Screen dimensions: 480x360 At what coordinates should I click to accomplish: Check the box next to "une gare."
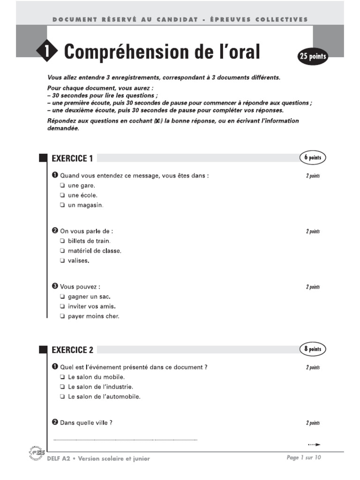pos(62,186)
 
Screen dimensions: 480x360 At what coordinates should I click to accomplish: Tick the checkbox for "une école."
pos(62,195)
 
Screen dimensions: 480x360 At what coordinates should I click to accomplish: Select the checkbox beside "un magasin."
pos(62,205)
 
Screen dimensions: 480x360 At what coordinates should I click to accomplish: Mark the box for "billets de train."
pos(62,241)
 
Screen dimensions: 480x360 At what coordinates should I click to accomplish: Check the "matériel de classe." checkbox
pos(62,251)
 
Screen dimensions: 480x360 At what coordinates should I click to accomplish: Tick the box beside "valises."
pos(62,261)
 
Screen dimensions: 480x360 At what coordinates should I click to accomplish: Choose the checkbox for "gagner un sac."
pos(62,297)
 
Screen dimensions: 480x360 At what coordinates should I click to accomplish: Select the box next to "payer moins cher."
pos(62,316)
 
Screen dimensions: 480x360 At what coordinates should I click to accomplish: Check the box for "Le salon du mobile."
pos(62,377)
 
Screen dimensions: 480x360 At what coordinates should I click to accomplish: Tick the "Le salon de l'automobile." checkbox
pos(62,397)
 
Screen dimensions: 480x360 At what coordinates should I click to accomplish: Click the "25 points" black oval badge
pos(312,57)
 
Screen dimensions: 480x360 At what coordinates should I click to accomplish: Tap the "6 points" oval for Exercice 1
pos(312,158)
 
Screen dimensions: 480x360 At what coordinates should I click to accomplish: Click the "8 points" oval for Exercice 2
pos(312,349)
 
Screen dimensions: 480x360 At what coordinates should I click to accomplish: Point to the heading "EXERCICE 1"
pos(69,158)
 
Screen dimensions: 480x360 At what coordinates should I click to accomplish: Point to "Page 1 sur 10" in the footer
pos(304,458)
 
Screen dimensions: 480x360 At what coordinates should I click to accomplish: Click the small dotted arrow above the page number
pos(314,444)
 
